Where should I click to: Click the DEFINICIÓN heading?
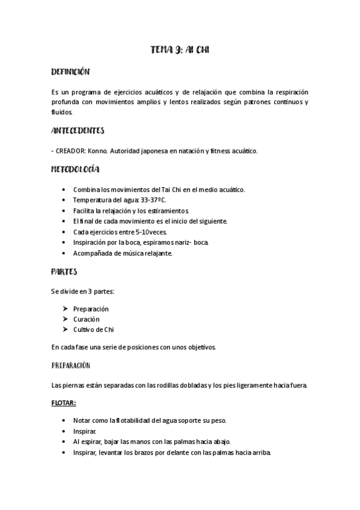point(70,72)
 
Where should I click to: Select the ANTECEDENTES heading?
point(78,130)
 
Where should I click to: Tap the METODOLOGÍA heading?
point(76,170)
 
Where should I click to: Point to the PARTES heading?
point(64,271)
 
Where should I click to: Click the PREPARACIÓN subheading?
point(70,365)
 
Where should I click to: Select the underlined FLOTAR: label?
point(64,403)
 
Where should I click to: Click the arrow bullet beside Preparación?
point(65,309)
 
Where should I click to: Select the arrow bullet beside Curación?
point(65,319)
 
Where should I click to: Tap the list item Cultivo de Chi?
point(93,330)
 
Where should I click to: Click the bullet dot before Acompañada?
point(64,253)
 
